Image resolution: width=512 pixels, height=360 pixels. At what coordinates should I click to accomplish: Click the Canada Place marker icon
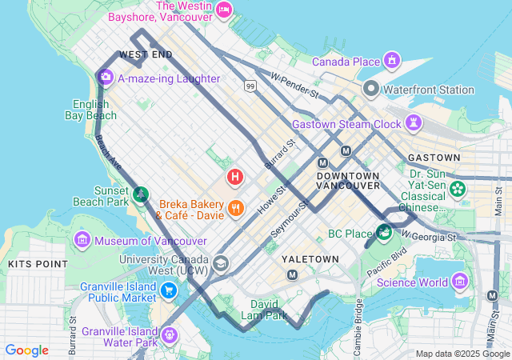[x=392, y=61]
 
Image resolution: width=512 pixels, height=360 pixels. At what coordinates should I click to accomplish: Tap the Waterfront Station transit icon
[x=370, y=89]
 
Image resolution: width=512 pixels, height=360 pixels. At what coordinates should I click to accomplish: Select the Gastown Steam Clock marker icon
[x=414, y=123]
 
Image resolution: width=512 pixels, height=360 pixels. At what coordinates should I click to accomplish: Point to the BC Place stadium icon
[x=384, y=234]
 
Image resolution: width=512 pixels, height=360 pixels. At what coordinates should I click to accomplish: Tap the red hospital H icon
[x=235, y=176]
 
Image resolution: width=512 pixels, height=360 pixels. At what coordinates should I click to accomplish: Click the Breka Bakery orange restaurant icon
[x=235, y=209]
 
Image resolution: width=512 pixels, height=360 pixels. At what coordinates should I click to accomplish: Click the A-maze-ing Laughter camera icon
[x=106, y=78]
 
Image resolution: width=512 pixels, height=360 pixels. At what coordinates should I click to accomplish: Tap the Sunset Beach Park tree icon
[x=141, y=193]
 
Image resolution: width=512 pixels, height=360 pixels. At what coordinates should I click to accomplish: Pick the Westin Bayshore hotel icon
[x=225, y=10]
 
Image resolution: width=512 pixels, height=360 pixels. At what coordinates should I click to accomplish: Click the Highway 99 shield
[x=251, y=86]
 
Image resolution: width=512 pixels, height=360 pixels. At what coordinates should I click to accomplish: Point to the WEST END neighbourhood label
[x=146, y=54]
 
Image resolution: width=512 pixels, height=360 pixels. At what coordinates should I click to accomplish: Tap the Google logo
[x=27, y=350]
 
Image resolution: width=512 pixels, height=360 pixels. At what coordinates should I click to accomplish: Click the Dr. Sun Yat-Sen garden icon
[x=457, y=189]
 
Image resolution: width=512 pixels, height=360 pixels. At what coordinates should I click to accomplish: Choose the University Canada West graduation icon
[x=220, y=263]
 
